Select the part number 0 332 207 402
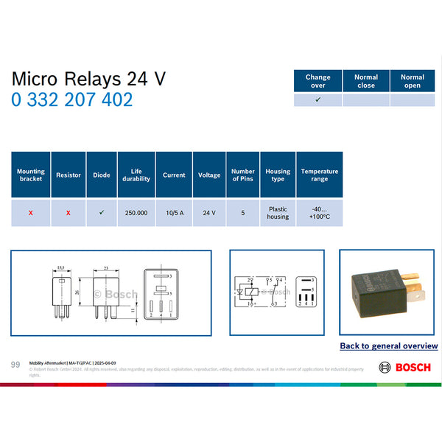[x=71, y=99]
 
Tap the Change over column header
[x=318, y=81]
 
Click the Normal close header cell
[x=365, y=81]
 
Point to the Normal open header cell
[x=413, y=81]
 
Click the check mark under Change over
[x=318, y=99]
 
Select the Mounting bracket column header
[x=31, y=175]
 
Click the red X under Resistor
[x=69, y=212]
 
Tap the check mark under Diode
[x=102, y=212]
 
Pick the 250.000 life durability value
[x=136, y=212]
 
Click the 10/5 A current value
[x=174, y=212]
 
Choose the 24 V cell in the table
[x=209, y=212]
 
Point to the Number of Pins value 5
[x=242, y=212]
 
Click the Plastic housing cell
[x=278, y=212]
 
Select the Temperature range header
[x=320, y=175]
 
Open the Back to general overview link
[x=388, y=345]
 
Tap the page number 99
[x=15, y=365]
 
